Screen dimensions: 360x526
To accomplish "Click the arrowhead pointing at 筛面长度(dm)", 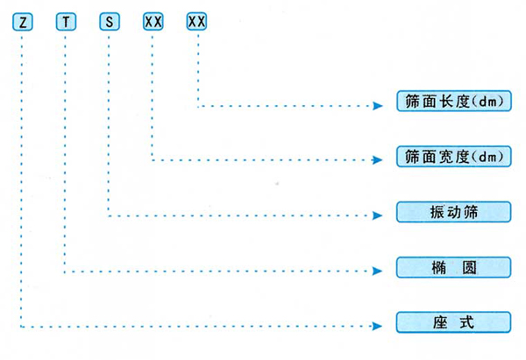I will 380,106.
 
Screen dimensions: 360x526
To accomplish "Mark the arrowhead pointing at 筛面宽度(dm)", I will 380,160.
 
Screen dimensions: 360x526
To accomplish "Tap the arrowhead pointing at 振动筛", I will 380,215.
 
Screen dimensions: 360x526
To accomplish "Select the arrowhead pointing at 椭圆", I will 380,272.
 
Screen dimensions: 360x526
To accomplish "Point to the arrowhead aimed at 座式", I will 380,326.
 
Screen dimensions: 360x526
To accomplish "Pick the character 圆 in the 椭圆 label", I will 469,267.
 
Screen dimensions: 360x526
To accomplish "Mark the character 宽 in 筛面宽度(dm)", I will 440,157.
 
